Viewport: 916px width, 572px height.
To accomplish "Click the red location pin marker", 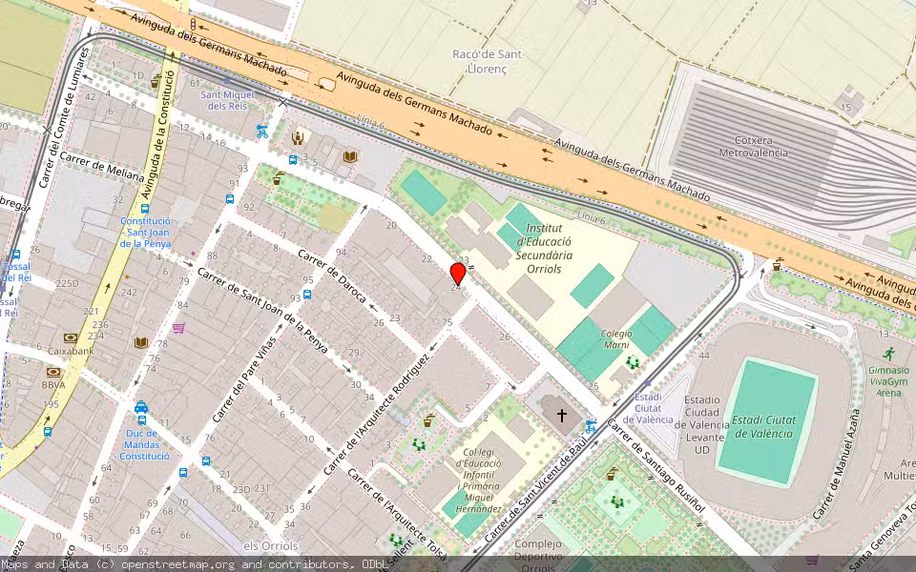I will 458,275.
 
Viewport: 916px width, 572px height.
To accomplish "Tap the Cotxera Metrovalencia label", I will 753,146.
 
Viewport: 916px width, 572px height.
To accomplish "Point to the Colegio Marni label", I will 615,339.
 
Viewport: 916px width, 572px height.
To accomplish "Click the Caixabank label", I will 71,351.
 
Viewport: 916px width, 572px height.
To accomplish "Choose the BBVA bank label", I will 53,385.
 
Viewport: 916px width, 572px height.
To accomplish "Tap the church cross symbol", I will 562,416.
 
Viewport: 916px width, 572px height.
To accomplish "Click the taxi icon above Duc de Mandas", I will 141,408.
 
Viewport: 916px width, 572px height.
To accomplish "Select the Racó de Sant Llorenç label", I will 487,62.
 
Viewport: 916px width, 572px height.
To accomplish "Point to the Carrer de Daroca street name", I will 332,276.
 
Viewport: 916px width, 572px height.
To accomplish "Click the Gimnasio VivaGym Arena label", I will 888,380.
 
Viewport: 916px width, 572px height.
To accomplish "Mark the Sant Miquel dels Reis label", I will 227,100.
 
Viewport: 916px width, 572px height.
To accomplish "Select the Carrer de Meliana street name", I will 102,168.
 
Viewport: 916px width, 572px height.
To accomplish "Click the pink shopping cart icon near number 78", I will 178,328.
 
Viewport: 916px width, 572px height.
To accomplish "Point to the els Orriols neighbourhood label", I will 271,546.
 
